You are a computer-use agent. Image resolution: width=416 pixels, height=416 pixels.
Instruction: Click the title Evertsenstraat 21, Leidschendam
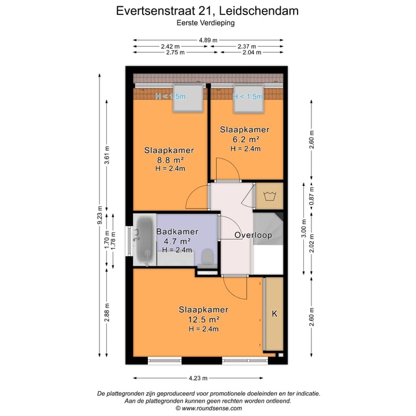point(208,10)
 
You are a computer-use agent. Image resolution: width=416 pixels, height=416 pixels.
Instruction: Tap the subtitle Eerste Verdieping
point(208,23)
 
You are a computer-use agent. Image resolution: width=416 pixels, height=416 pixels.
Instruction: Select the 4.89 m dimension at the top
point(208,40)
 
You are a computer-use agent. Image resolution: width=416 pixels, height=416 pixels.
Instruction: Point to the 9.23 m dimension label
point(99,217)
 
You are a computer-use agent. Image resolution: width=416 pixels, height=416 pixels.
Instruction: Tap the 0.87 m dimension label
point(311,195)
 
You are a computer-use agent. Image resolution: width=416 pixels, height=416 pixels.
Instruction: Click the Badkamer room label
point(177,232)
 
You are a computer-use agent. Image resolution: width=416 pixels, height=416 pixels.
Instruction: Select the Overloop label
point(252,235)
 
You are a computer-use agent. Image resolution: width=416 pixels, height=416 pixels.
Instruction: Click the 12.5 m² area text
point(198,319)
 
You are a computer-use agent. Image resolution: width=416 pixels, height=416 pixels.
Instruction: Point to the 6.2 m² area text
point(245,139)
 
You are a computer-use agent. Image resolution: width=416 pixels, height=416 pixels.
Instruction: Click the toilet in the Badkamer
point(207,258)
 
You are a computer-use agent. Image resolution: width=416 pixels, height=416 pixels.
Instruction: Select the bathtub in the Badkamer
point(144,240)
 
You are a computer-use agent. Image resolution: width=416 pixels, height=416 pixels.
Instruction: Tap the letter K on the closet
point(274,314)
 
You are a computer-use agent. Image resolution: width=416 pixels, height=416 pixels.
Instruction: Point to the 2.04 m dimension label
point(250,52)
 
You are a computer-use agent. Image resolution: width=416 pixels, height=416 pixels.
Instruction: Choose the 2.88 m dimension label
point(106,313)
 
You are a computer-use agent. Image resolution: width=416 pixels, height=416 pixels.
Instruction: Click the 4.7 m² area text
point(177,241)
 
